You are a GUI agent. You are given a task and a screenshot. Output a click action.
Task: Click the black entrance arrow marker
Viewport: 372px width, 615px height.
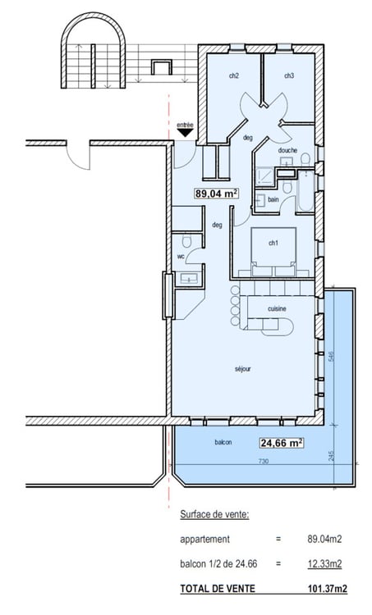click(185, 133)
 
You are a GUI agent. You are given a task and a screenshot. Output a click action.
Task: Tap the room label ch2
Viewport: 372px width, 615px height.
click(234, 75)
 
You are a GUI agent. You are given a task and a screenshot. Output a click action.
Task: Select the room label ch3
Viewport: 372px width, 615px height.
click(289, 75)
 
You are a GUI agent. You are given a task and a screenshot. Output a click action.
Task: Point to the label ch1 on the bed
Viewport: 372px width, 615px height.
click(273, 244)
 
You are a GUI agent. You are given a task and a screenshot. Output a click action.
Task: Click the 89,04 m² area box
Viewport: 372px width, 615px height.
click(217, 194)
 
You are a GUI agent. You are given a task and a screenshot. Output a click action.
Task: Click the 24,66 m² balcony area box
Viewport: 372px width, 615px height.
click(282, 443)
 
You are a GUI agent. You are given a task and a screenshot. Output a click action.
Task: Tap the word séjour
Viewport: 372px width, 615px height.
click(243, 369)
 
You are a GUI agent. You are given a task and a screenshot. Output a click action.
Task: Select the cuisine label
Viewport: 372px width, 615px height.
click(277, 308)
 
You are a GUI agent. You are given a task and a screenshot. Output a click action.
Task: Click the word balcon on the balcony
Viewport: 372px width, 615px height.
click(223, 442)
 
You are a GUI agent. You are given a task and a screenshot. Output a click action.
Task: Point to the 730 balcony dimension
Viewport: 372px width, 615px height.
click(264, 461)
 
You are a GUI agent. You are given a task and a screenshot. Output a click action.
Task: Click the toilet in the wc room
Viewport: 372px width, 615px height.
click(186, 241)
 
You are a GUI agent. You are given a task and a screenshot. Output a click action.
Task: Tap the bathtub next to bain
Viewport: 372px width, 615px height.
click(305, 190)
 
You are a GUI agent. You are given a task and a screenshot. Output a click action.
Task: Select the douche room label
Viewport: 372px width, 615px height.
click(287, 150)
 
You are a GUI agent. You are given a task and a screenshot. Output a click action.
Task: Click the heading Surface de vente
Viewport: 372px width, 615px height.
click(214, 515)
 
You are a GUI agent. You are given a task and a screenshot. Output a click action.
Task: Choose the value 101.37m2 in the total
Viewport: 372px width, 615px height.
click(327, 588)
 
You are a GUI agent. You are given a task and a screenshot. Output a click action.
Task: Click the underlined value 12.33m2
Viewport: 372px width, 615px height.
click(324, 564)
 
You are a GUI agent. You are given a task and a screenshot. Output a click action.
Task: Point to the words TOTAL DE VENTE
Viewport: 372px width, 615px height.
click(218, 588)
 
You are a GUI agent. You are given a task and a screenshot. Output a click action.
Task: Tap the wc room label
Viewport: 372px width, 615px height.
click(181, 257)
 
